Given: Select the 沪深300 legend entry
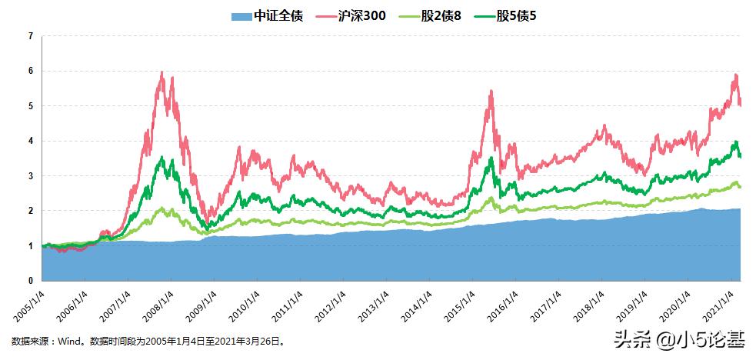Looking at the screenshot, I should pyautogui.click(x=362, y=15).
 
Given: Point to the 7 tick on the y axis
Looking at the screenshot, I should pyautogui.click(x=30, y=36).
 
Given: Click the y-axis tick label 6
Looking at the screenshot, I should pyautogui.click(x=30, y=71).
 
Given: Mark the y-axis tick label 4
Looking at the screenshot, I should pyautogui.click(x=30, y=141).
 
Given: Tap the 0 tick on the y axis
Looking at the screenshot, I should pyautogui.click(x=30, y=281).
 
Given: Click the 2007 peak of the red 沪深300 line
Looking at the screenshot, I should pyautogui.click(x=162, y=72).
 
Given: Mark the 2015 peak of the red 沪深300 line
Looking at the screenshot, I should pyautogui.click(x=491, y=91).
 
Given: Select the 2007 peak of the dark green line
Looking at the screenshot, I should pyautogui.click(x=162, y=158).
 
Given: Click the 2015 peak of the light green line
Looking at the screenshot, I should pyautogui.click(x=491, y=198).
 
